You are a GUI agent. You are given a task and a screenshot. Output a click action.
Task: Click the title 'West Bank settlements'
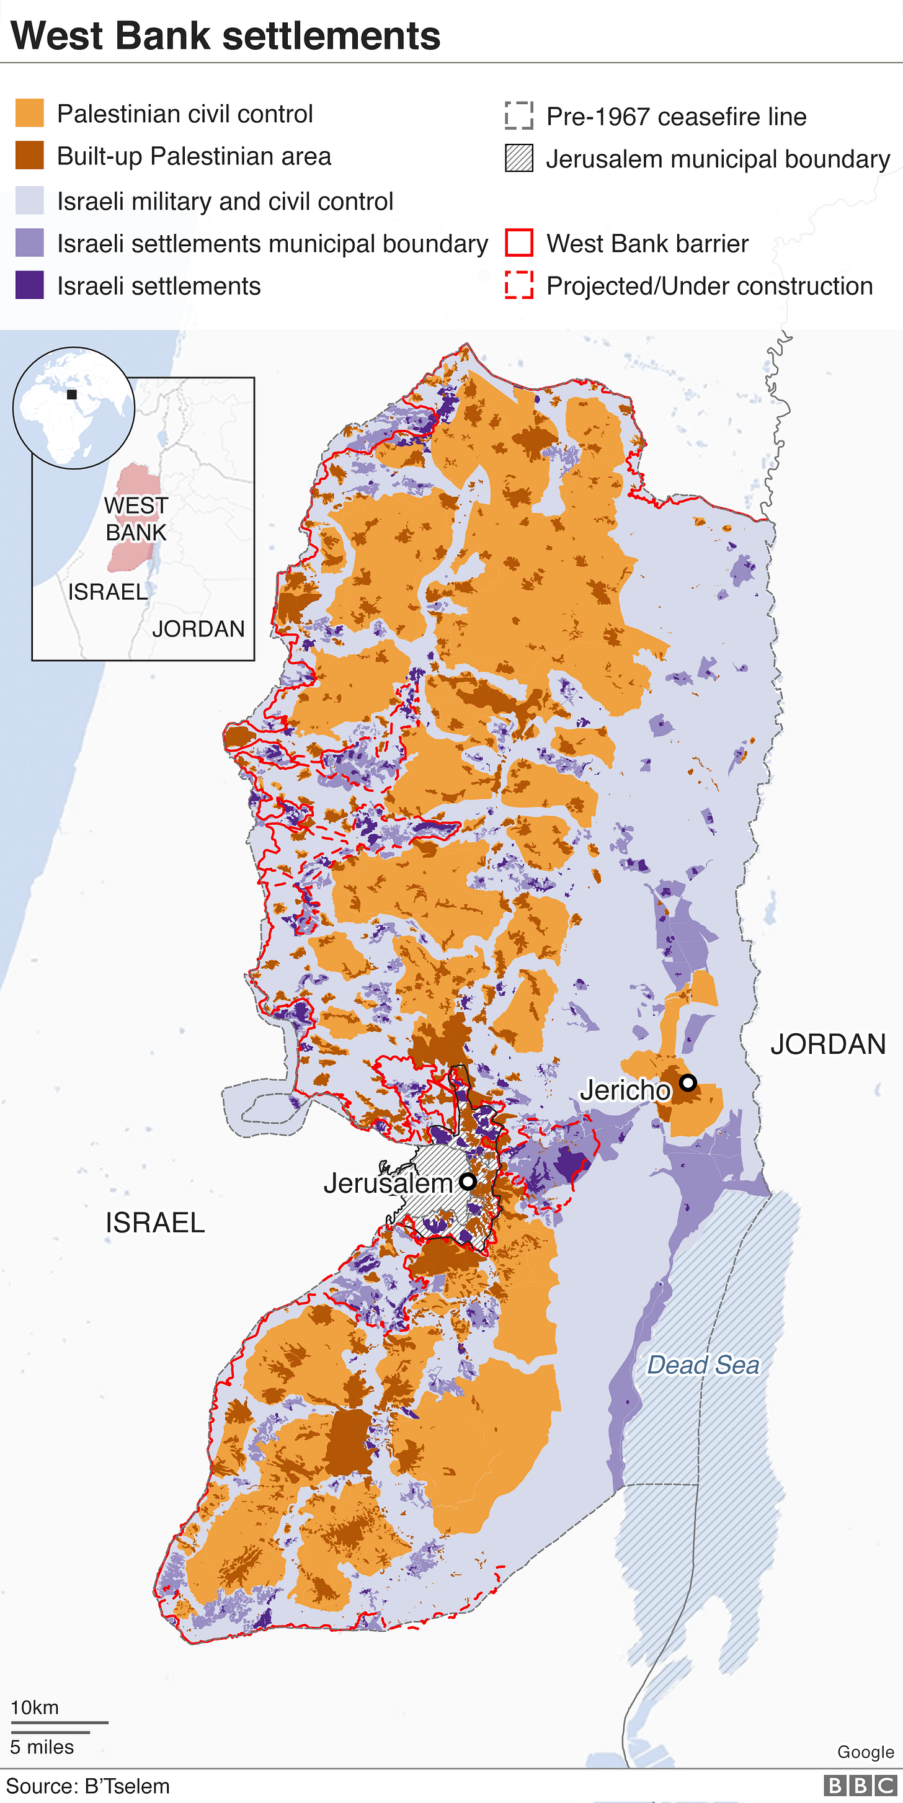click(225, 36)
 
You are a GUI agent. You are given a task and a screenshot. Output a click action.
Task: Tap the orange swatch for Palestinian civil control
click(29, 113)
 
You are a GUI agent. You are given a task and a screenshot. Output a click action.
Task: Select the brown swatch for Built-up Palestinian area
click(29, 156)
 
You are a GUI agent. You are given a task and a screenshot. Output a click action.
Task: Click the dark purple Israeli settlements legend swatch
click(29, 285)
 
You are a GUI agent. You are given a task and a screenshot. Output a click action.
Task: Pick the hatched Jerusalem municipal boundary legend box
click(518, 158)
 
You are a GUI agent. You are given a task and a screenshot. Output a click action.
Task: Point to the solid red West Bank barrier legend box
click(518, 243)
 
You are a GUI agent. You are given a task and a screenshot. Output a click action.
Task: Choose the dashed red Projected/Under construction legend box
click(518, 285)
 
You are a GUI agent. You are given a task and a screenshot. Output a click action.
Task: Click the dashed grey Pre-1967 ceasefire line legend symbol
click(518, 115)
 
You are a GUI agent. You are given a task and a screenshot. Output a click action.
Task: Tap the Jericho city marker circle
click(688, 1082)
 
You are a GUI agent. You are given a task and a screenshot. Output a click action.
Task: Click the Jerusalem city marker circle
click(468, 1182)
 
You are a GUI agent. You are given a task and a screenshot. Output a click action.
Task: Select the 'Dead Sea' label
click(703, 1365)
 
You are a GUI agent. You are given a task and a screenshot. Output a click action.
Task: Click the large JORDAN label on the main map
click(827, 1044)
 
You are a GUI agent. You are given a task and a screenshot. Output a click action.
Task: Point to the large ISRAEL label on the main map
click(154, 1222)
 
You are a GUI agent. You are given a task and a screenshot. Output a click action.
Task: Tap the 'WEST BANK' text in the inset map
click(136, 519)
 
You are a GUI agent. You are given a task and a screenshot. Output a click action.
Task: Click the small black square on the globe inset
click(71, 394)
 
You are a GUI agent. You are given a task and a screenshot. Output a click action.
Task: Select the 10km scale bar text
click(34, 1707)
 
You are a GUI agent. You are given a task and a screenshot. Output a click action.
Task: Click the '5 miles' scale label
click(42, 1747)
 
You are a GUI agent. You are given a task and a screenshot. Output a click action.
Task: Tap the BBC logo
click(860, 1786)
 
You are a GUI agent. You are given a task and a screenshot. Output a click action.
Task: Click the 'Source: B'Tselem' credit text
click(88, 1786)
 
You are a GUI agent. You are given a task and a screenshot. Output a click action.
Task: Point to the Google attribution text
click(865, 1752)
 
